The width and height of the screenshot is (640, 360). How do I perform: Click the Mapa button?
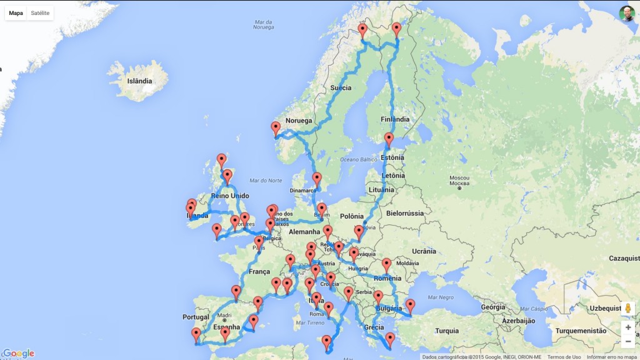click(x=16, y=13)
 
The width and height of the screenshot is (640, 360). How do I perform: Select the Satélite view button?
click(x=40, y=13)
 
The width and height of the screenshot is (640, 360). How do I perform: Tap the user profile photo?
click(x=627, y=14)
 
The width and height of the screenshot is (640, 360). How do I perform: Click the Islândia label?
click(x=139, y=81)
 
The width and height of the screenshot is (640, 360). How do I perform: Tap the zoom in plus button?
click(x=627, y=327)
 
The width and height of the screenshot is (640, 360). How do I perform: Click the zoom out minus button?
click(x=627, y=341)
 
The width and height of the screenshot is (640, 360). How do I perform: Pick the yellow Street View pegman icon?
click(x=627, y=309)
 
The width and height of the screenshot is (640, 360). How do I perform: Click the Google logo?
click(x=18, y=353)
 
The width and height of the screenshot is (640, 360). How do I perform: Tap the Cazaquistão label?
click(x=624, y=258)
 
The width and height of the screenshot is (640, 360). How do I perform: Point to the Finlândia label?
click(x=395, y=119)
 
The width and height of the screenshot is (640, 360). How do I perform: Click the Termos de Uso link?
click(x=564, y=357)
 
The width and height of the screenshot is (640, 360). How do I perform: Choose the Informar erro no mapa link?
click(x=612, y=357)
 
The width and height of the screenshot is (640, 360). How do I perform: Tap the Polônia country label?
click(x=354, y=216)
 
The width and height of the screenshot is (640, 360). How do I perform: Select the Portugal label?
click(x=196, y=317)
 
